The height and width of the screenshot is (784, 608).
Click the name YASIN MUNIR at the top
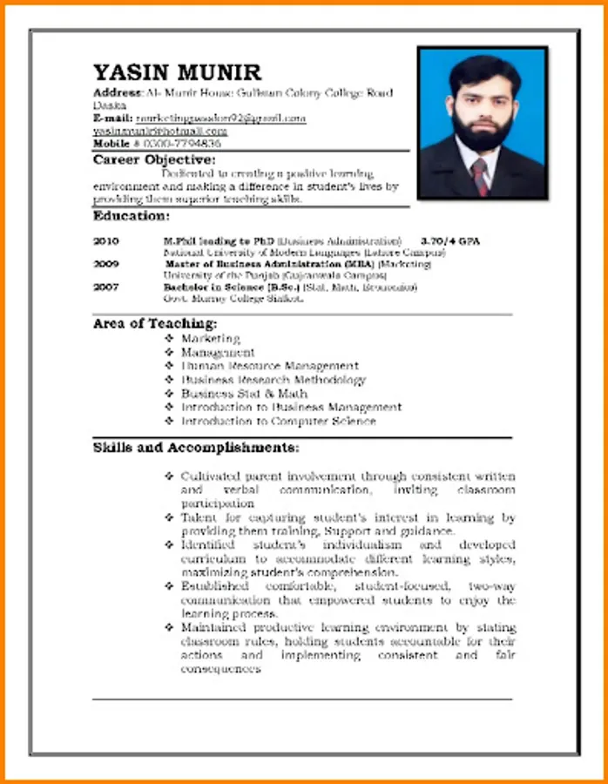pos(178,71)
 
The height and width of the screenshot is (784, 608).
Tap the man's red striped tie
pos(480,176)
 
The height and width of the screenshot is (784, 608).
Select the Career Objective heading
pos(154,160)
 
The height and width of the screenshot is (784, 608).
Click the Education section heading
pos(131,215)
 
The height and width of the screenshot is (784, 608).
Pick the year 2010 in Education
pos(106,240)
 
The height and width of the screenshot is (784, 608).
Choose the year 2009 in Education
pos(106,263)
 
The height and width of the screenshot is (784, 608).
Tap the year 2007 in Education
pos(106,287)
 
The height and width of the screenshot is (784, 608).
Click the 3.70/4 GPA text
pos(450,240)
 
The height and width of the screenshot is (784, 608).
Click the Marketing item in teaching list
pos(210,338)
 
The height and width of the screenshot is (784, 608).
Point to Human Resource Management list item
pos(269,366)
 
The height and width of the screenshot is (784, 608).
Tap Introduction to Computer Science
pos(278,422)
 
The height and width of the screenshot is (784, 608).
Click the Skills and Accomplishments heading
pos(196,448)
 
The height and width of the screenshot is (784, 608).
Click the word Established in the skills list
pos(213,587)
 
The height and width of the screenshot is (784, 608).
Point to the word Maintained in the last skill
pos(213,628)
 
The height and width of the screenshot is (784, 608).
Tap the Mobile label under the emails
pos(111,143)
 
